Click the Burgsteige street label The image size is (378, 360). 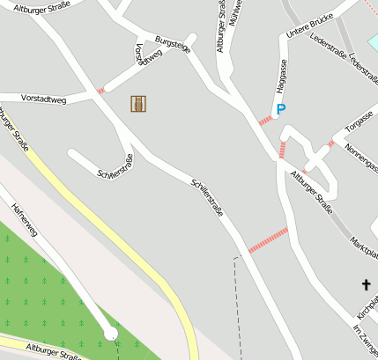[172, 45]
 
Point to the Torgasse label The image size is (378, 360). [359, 121]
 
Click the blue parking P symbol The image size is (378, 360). [281, 109]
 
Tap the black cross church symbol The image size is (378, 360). [366, 284]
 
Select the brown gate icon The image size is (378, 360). [138, 104]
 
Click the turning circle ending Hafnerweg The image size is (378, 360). [110, 333]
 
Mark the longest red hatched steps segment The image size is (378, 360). [268, 239]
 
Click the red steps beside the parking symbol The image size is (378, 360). [265, 120]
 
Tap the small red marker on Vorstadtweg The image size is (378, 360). [100, 91]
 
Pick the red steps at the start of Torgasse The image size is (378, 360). [331, 143]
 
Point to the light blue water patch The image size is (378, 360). [372, 41]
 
